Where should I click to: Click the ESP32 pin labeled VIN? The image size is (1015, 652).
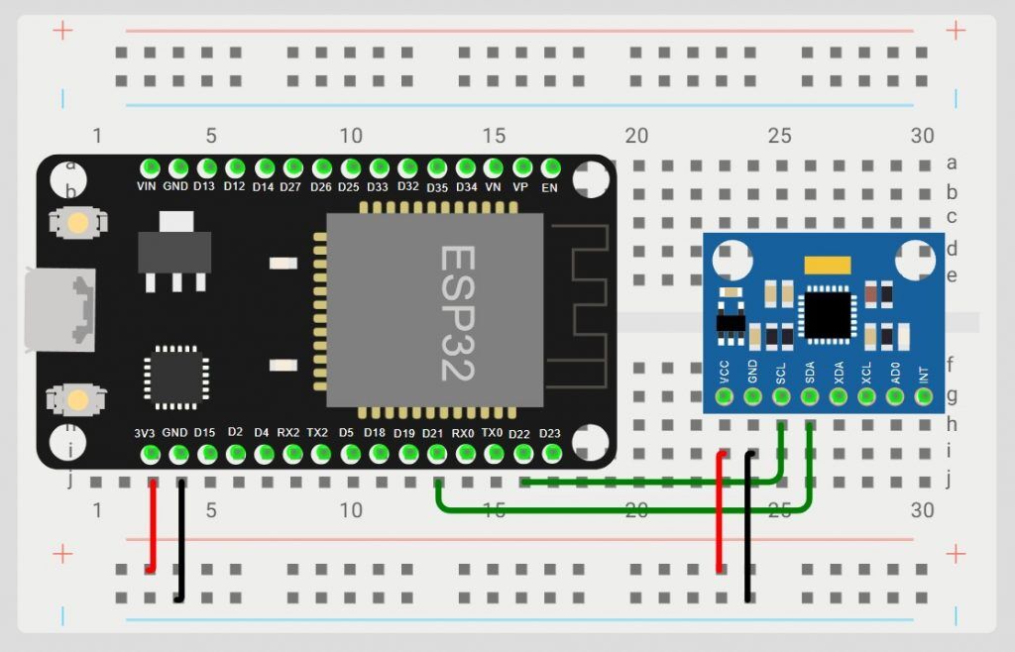pyautogui.click(x=151, y=167)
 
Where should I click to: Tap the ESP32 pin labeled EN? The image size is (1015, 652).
pyautogui.click(x=551, y=167)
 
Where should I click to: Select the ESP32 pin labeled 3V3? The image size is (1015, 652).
pyautogui.click(x=151, y=454)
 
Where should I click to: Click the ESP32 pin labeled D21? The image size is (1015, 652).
pyautogui.click(x=436, y=454)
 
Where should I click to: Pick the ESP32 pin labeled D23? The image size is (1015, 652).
pyautogui.click(x=551, y=454)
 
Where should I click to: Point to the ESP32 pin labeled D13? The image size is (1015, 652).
pyautogui.click(x=207, y=167)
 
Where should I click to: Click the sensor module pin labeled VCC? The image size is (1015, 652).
pyautogui.click(x=724, y=397)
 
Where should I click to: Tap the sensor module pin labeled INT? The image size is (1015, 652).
pyautogui.click(x=924, y=397)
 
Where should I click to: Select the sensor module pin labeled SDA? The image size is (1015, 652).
pyautogui.click(x=810, y=397)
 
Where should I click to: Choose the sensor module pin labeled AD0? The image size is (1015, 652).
pyautogui.click(x=895, y=397)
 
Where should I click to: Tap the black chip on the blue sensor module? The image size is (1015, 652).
pyautogui.click(x=828, y=313)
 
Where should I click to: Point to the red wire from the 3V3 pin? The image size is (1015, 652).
pyautogui.click(x=153, y=525)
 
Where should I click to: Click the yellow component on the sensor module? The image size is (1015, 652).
pyautogui.click(x=829, y=265)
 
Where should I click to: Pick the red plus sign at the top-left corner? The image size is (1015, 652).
pyautogui.click(x=62, y=31)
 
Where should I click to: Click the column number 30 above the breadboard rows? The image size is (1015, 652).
pyautogui.click(x=922, y=136)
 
